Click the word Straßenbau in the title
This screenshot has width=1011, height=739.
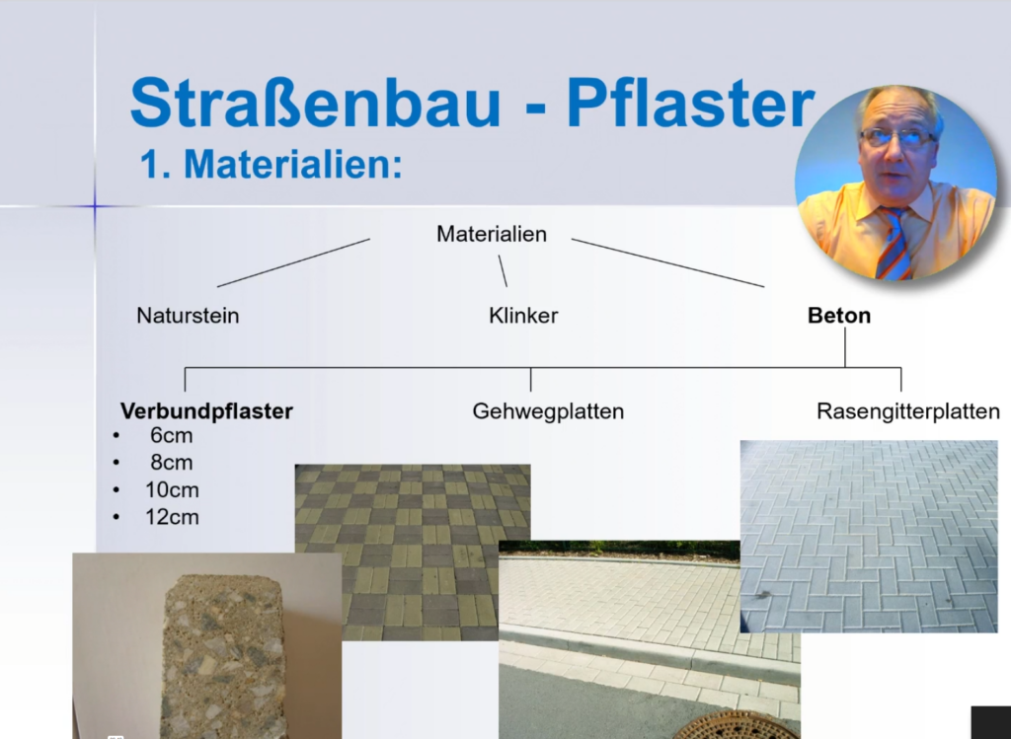315,103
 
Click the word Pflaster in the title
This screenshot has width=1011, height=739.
690,103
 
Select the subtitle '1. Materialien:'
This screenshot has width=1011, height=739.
271,165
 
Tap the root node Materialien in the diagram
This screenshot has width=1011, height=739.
492,234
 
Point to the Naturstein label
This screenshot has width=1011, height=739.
188,316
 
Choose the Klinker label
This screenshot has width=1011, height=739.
523,316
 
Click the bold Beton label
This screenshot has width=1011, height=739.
839,316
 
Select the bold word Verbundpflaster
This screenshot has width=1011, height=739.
206,411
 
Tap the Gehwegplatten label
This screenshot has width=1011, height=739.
548,411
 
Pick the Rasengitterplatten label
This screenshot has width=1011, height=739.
908,411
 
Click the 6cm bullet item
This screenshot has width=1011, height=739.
171,435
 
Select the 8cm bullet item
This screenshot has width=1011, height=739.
171,463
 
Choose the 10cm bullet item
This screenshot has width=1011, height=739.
172,490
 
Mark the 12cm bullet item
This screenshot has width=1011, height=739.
172,517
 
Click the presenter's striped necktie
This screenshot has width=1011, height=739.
894,242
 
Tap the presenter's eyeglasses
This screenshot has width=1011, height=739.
896,137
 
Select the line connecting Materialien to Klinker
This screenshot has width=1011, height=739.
503,270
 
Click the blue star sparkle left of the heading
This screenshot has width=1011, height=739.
95,206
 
